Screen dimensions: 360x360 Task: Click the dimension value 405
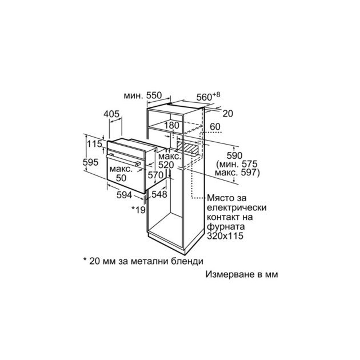pos(111,114)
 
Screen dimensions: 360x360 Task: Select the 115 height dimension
pos(94,144)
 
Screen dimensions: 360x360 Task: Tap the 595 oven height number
pos(91,162)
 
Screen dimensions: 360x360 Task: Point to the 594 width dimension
pos(125,195)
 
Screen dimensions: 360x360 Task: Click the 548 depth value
pos(159,194)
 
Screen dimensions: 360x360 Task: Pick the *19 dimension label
pos(138,209)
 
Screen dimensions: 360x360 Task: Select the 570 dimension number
pos(155,175)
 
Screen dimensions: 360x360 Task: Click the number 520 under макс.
pos(166,165)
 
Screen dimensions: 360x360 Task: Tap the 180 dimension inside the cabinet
pos(172,125)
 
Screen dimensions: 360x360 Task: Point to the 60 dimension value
pos(215,126)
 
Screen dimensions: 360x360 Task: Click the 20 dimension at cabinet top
pos(228,113)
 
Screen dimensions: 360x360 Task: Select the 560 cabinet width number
pos(205,97)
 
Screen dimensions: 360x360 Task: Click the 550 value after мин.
pos(154,95)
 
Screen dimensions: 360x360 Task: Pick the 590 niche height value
pos(234,155)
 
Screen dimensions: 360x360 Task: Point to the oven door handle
pos(123,159)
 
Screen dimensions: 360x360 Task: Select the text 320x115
pos(225,236)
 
